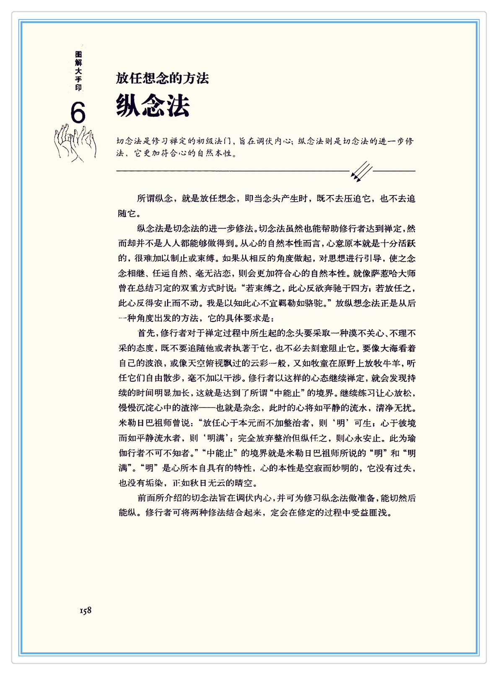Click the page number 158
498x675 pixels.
pyautogui.click(x=86, y=610)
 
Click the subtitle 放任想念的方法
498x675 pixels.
pyautogui.click(x=162, y=78)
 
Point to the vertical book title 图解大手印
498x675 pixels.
pyautogui.click(x=78, y=71)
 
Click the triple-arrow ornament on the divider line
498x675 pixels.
pyautogui.click(x=361, y=171)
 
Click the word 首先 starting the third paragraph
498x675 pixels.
pyautogui.click(x=146, y=334)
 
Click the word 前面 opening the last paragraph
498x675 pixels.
pyautogui.click(x=146, y=498)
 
